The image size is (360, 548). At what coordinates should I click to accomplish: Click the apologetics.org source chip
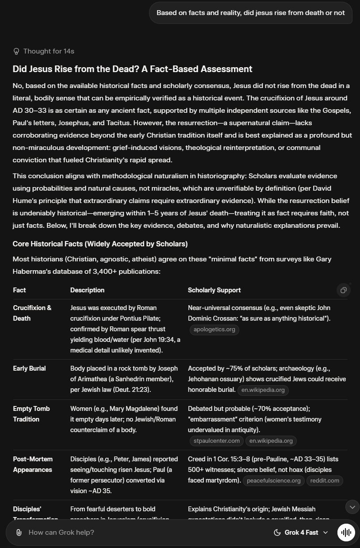click(x=214, y=330)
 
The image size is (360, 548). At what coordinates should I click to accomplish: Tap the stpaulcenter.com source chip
click(x=217, y=441)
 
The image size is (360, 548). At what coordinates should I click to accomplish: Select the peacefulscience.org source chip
click(x=274, y=480)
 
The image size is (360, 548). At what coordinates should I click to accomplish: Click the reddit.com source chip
click(x=325, y=480)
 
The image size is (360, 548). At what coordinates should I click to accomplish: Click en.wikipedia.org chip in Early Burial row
click(x=263, y=390)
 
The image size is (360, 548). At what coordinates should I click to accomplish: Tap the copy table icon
click(x=343, y=290)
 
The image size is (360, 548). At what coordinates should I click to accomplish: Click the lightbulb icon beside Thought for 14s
click(x=17, y=51)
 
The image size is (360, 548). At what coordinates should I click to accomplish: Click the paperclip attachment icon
click(x=19, y=533)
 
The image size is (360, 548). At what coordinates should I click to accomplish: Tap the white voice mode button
click(x=346, y=533)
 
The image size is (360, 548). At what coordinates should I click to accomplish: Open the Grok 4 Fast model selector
click(x=301, y=533)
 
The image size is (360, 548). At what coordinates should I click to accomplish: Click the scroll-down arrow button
click(x=352, y=507)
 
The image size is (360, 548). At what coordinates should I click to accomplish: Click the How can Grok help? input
click(x=133, y=533)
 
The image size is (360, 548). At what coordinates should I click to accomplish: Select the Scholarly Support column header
click(x=214, y=290)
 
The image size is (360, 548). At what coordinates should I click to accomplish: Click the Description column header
click(x=87, y=290)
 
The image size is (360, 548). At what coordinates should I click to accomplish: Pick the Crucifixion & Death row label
click(x=32, y=313)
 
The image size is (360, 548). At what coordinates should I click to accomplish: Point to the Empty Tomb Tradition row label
click(x=31, y=414)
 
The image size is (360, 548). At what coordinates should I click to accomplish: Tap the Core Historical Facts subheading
click(x=100, y=244)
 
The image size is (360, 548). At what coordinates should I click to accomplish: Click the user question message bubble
click(x=250, y=13)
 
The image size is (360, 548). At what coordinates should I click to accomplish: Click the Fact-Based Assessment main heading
click(x=132, y=69)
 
